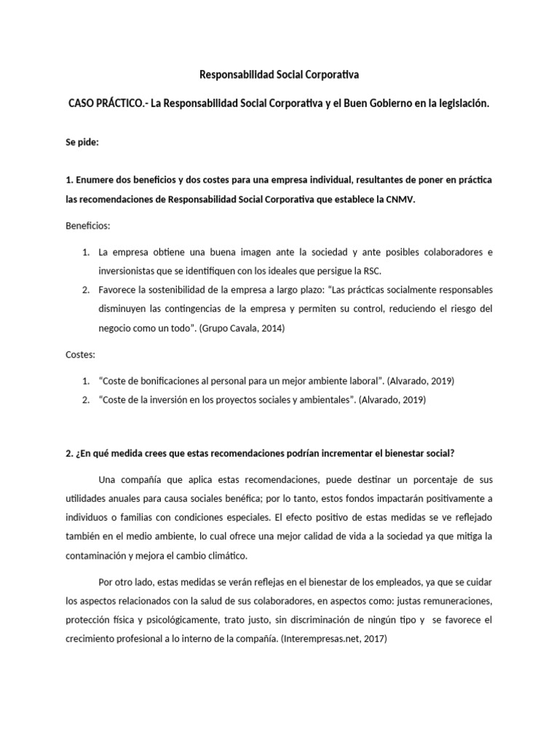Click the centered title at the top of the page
(x=279, y=74)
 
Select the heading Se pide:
(x=82, y=143)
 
